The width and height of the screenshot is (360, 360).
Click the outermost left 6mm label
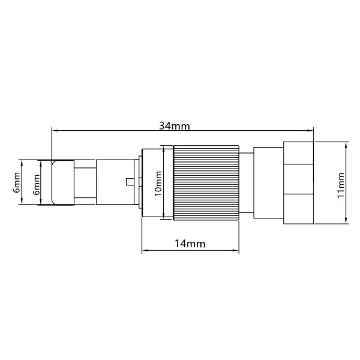pyautogui.click(x=17, y=182)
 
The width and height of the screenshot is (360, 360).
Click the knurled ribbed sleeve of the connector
pyautogui.click(x=203, y=182)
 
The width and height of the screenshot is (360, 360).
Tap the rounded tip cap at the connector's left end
pyautogui.click(x=62, y=182)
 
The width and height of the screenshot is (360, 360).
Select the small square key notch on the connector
pyautogui.click(x=130, y=182)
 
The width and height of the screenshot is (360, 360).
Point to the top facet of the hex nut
pyautogui.click(x=298, y=153)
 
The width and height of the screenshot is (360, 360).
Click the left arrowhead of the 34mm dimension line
pyautogui.click(x=55, y=129)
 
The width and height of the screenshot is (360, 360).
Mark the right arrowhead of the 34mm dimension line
pyautogui.click(x=311, y=129)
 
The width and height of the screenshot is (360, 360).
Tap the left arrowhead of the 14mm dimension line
pyautogui.click(x=144, y=252)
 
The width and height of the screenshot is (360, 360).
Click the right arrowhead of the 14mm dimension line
pyautogui.click(x=236, y=252)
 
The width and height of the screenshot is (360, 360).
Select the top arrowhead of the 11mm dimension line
pyautogui.click(x=347, y=145)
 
